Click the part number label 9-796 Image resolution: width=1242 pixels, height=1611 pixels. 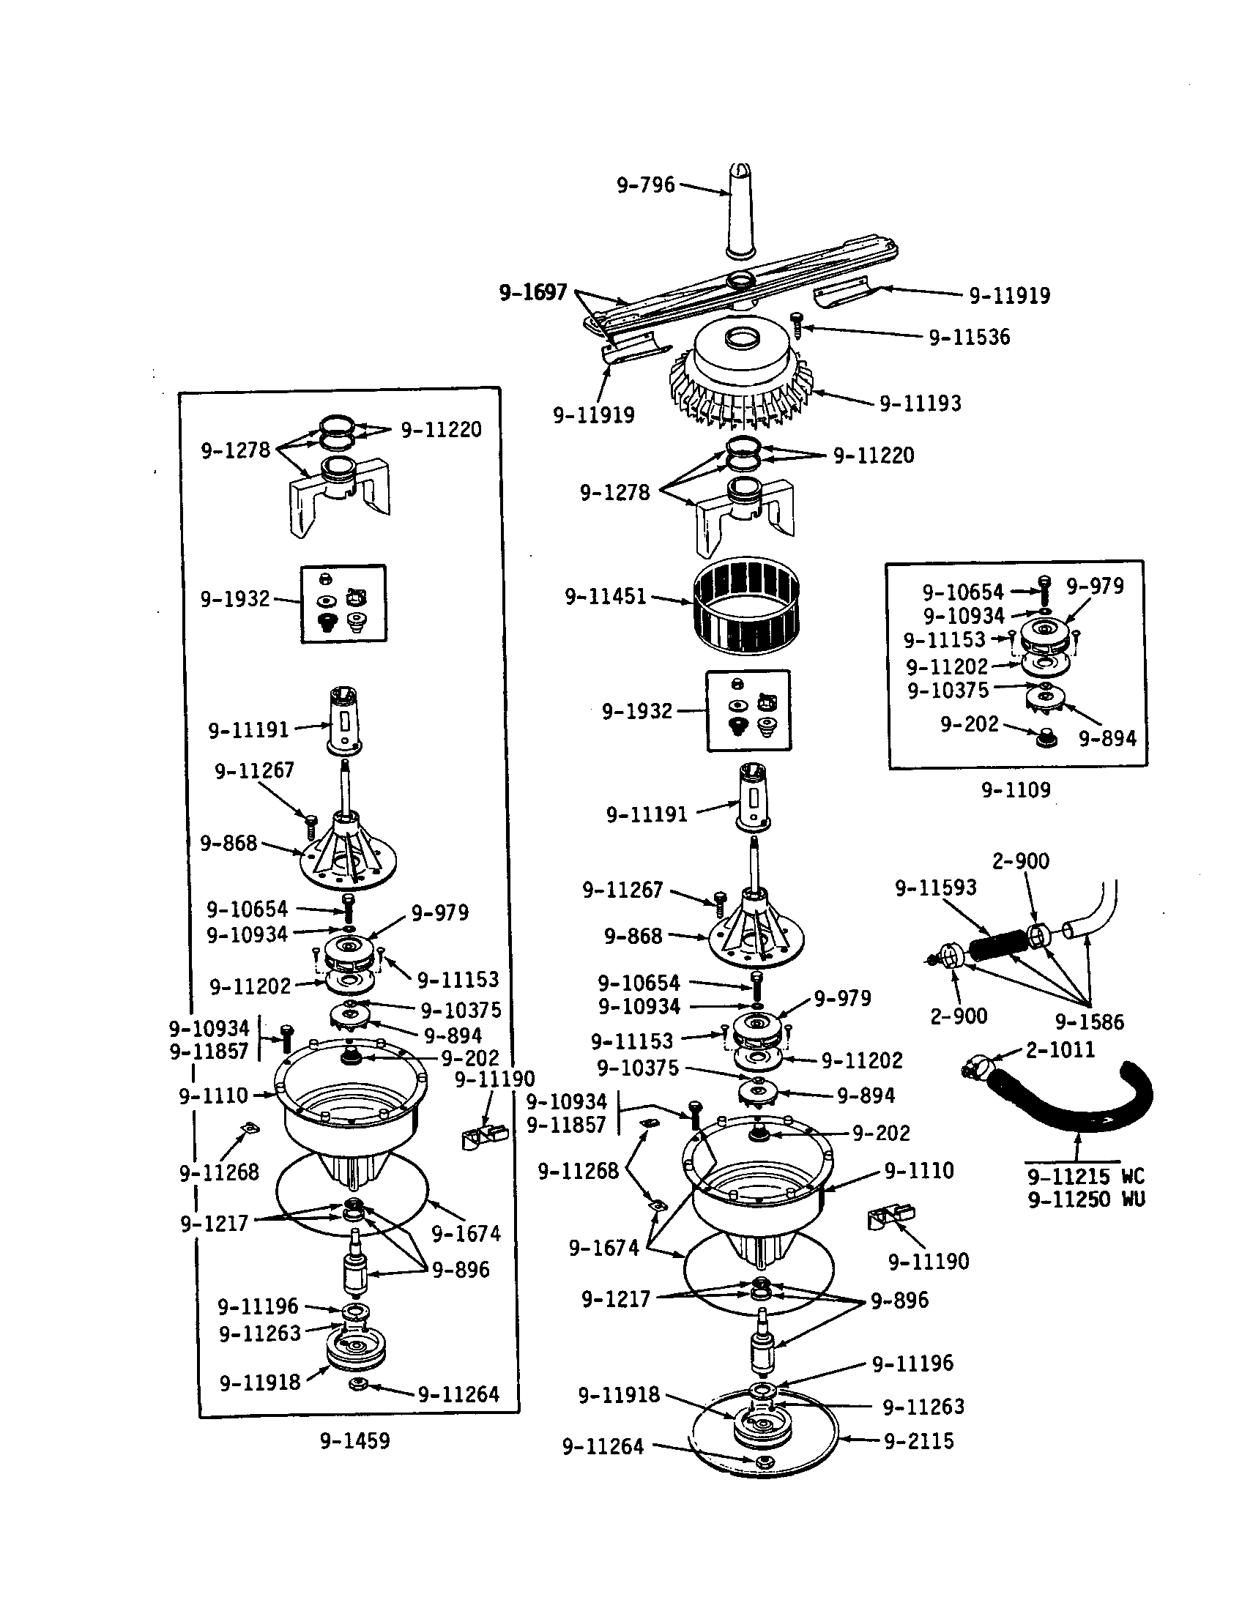(646, 185)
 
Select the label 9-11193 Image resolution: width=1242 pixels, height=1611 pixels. (920, 403)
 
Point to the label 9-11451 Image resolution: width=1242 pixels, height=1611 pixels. (605, 596)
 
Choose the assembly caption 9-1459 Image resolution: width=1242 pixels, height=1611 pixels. (354, 1440)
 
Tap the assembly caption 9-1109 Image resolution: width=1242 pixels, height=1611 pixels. (1016, 790)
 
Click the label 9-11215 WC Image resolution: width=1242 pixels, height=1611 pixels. (1086, 1176)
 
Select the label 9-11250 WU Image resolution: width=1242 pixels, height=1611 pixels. (1086, 1199)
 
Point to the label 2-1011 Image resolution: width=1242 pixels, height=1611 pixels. (1060, 1049)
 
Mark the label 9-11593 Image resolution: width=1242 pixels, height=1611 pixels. (935, 888)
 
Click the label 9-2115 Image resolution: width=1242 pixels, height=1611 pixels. (919, 1440)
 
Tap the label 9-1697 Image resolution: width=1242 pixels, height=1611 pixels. (533, 293)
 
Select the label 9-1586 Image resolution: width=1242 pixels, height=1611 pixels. (1090, 1022)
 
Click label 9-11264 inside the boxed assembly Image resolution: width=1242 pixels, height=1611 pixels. (458, 1394)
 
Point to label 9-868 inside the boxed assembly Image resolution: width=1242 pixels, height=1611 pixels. (228, 842)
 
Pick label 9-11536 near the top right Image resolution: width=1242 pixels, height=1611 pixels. (969, 337)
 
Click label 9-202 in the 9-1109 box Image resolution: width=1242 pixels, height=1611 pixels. (969, 724)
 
